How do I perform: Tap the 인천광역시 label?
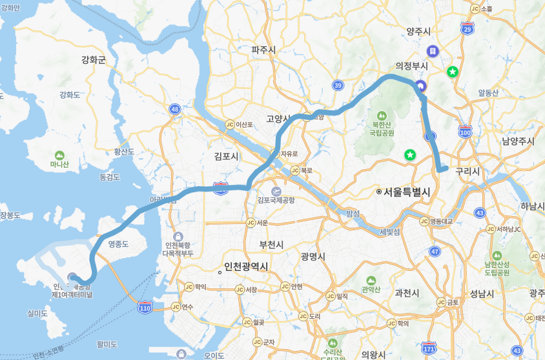pyautogui.click(x=245, y=266)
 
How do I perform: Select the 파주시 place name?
pyautogui.click(x=263, y=50)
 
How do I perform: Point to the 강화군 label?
pyautogui.click(x=94, y=60)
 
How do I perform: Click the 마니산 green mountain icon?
pyautogui.click(x=59, y=155)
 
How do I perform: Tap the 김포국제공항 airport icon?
pyautogui.click(x=276, y=191)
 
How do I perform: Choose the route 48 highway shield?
pyautogui.click(x=175, y=109)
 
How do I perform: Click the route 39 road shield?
pyautogui.click(x=338, y=85)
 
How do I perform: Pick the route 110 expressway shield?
pyautogui.click(x=144, y=307)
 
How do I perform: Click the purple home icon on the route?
pyautogui.click(x=420, y=85)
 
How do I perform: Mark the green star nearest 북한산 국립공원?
pyautogui.click(x=409, y=155)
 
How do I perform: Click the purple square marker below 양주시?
pyautogui.click(x=433, y=50)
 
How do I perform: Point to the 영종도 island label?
pyautogui.click(x=119, y=244)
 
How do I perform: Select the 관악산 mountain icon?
pyautogui.click(x=371, y=281)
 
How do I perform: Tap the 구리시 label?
pyautogui.click(x=468, y=172)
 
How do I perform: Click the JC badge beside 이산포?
pyautogui.click(x=229, y=125)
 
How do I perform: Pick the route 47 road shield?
pyautogui.click(x=435, y=251)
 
